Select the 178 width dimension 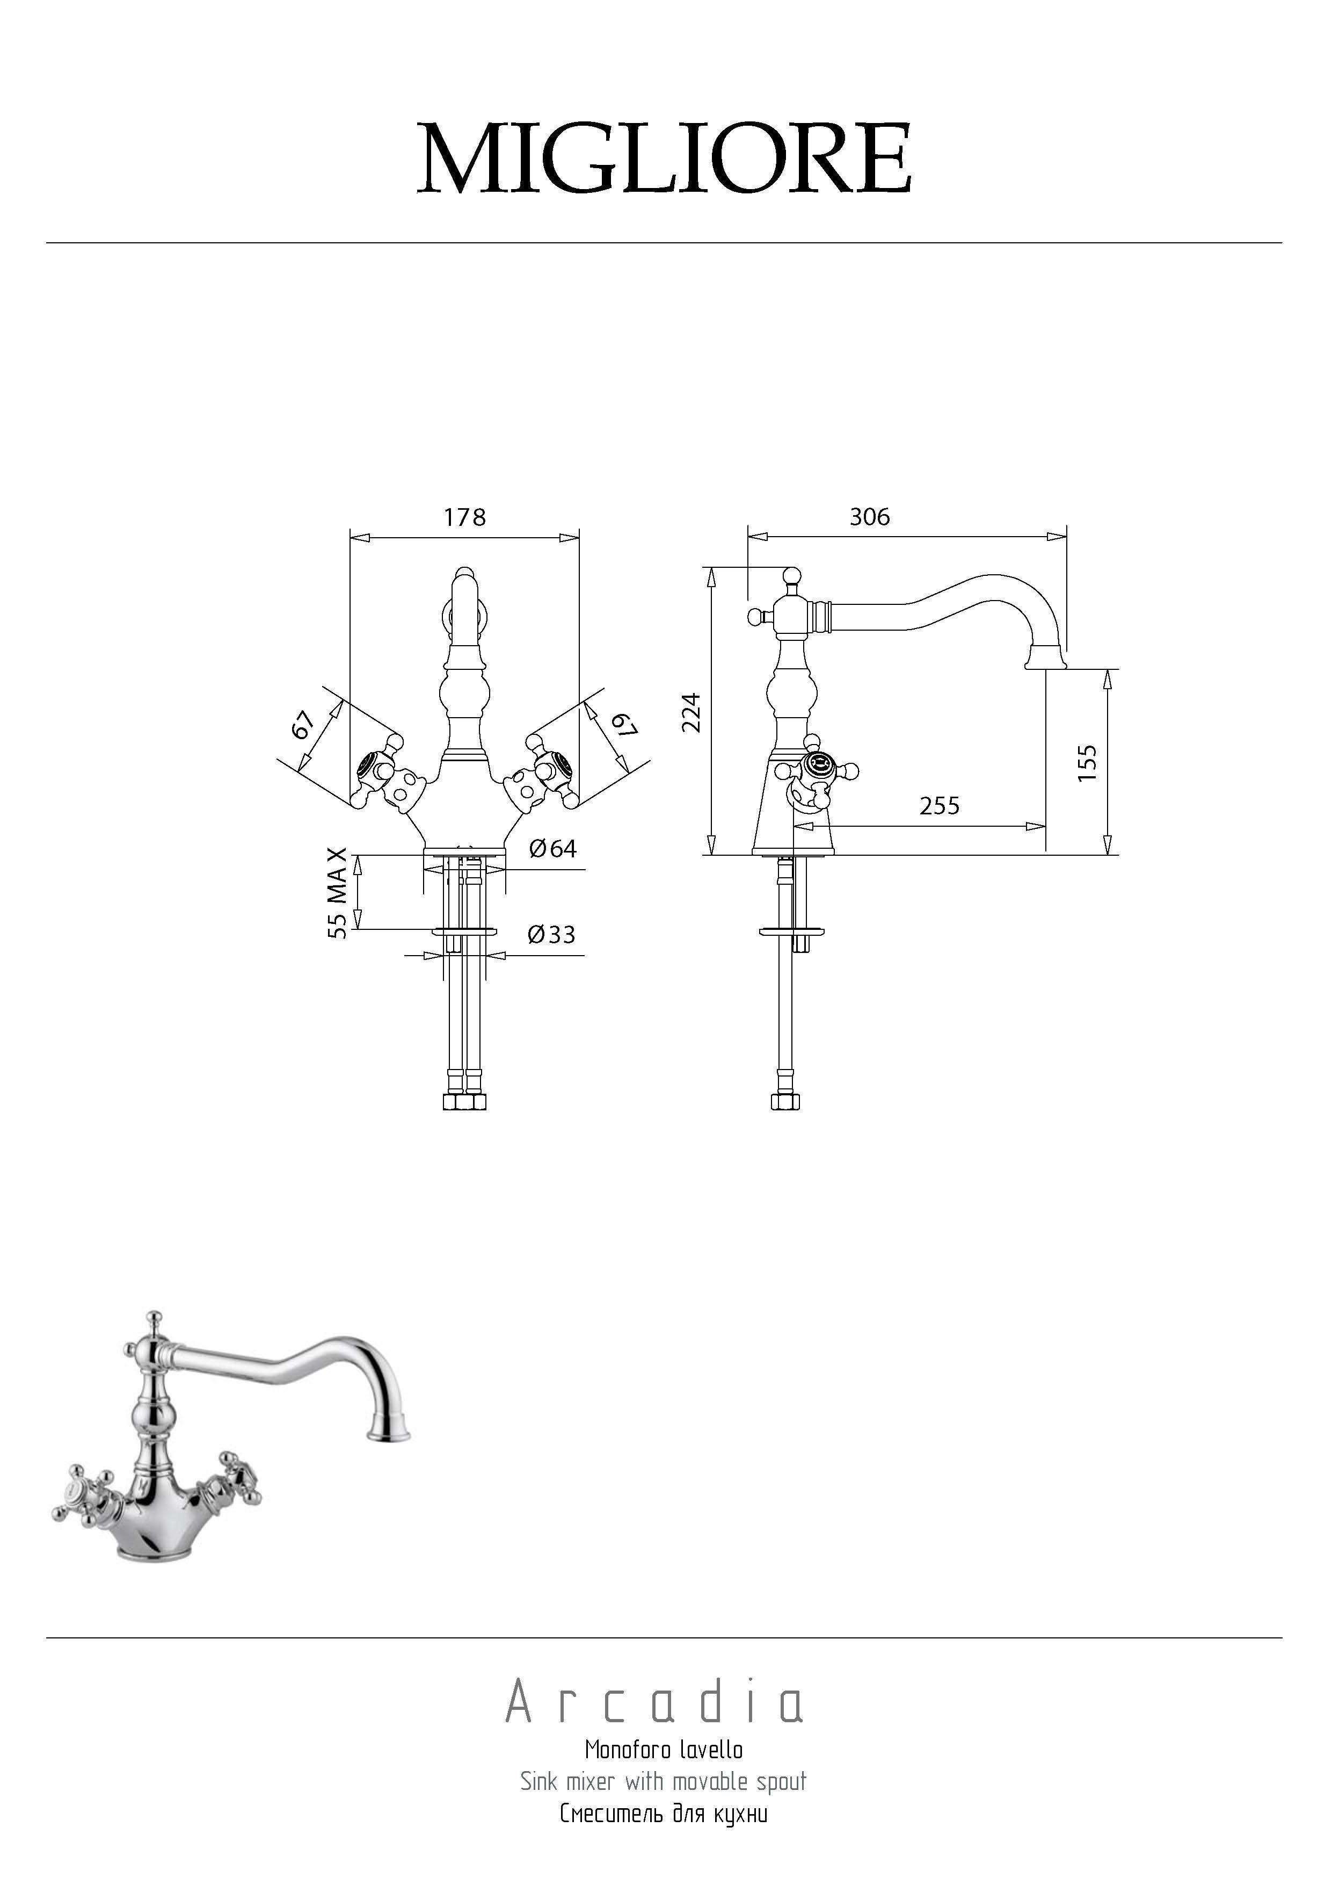464,517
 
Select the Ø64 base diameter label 552,848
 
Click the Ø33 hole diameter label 551,934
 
